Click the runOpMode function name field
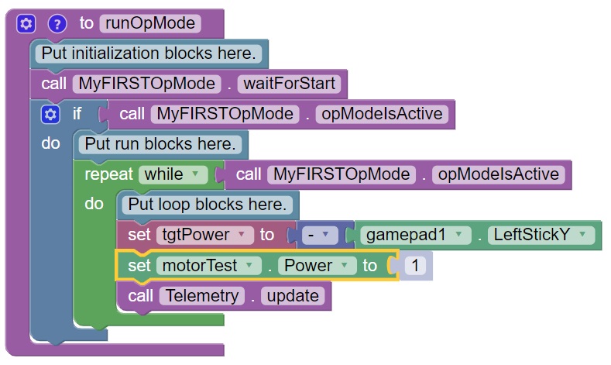coord(150,23)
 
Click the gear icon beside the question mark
coord(26,23)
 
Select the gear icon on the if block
coord(50,114)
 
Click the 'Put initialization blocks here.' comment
coord(148,53)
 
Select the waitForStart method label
coord(291,83)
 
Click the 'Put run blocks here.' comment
coord(160,144)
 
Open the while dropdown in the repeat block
coord(173,174)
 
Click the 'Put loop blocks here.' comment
coord(207,205)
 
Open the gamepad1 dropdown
coord(414,235)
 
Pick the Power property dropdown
coord(317,266)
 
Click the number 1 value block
coord(415,266)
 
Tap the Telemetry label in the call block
coord(201,295)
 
